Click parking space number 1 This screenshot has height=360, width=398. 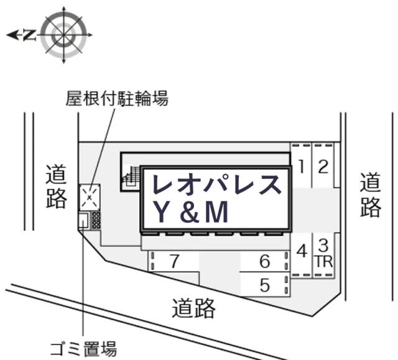tap(301, 165)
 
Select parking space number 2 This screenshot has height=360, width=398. tap(323, 165)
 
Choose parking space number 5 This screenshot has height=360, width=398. tap(265, 285)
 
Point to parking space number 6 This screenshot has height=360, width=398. tap(265, 261)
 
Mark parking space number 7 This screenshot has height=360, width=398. tap(174, 261)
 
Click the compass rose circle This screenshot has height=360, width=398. tap(63, 35)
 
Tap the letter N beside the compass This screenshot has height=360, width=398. tap(29, 35)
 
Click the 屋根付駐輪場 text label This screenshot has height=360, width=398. tap(117, 98)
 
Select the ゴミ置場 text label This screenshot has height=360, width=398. tap(83, 349)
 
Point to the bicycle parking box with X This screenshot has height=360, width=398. tap(90, 197)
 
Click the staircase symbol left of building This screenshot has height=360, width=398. tap(131, 177)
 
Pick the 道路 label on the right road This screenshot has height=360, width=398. tap(371, 195)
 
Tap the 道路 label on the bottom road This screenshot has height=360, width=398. tap(193, 308)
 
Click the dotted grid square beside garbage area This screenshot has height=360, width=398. tap(96, 220)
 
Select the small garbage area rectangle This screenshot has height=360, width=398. tap(83, 220)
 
